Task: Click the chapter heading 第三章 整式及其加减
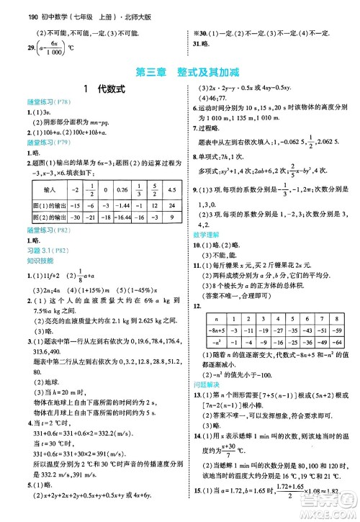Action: [181, 72]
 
